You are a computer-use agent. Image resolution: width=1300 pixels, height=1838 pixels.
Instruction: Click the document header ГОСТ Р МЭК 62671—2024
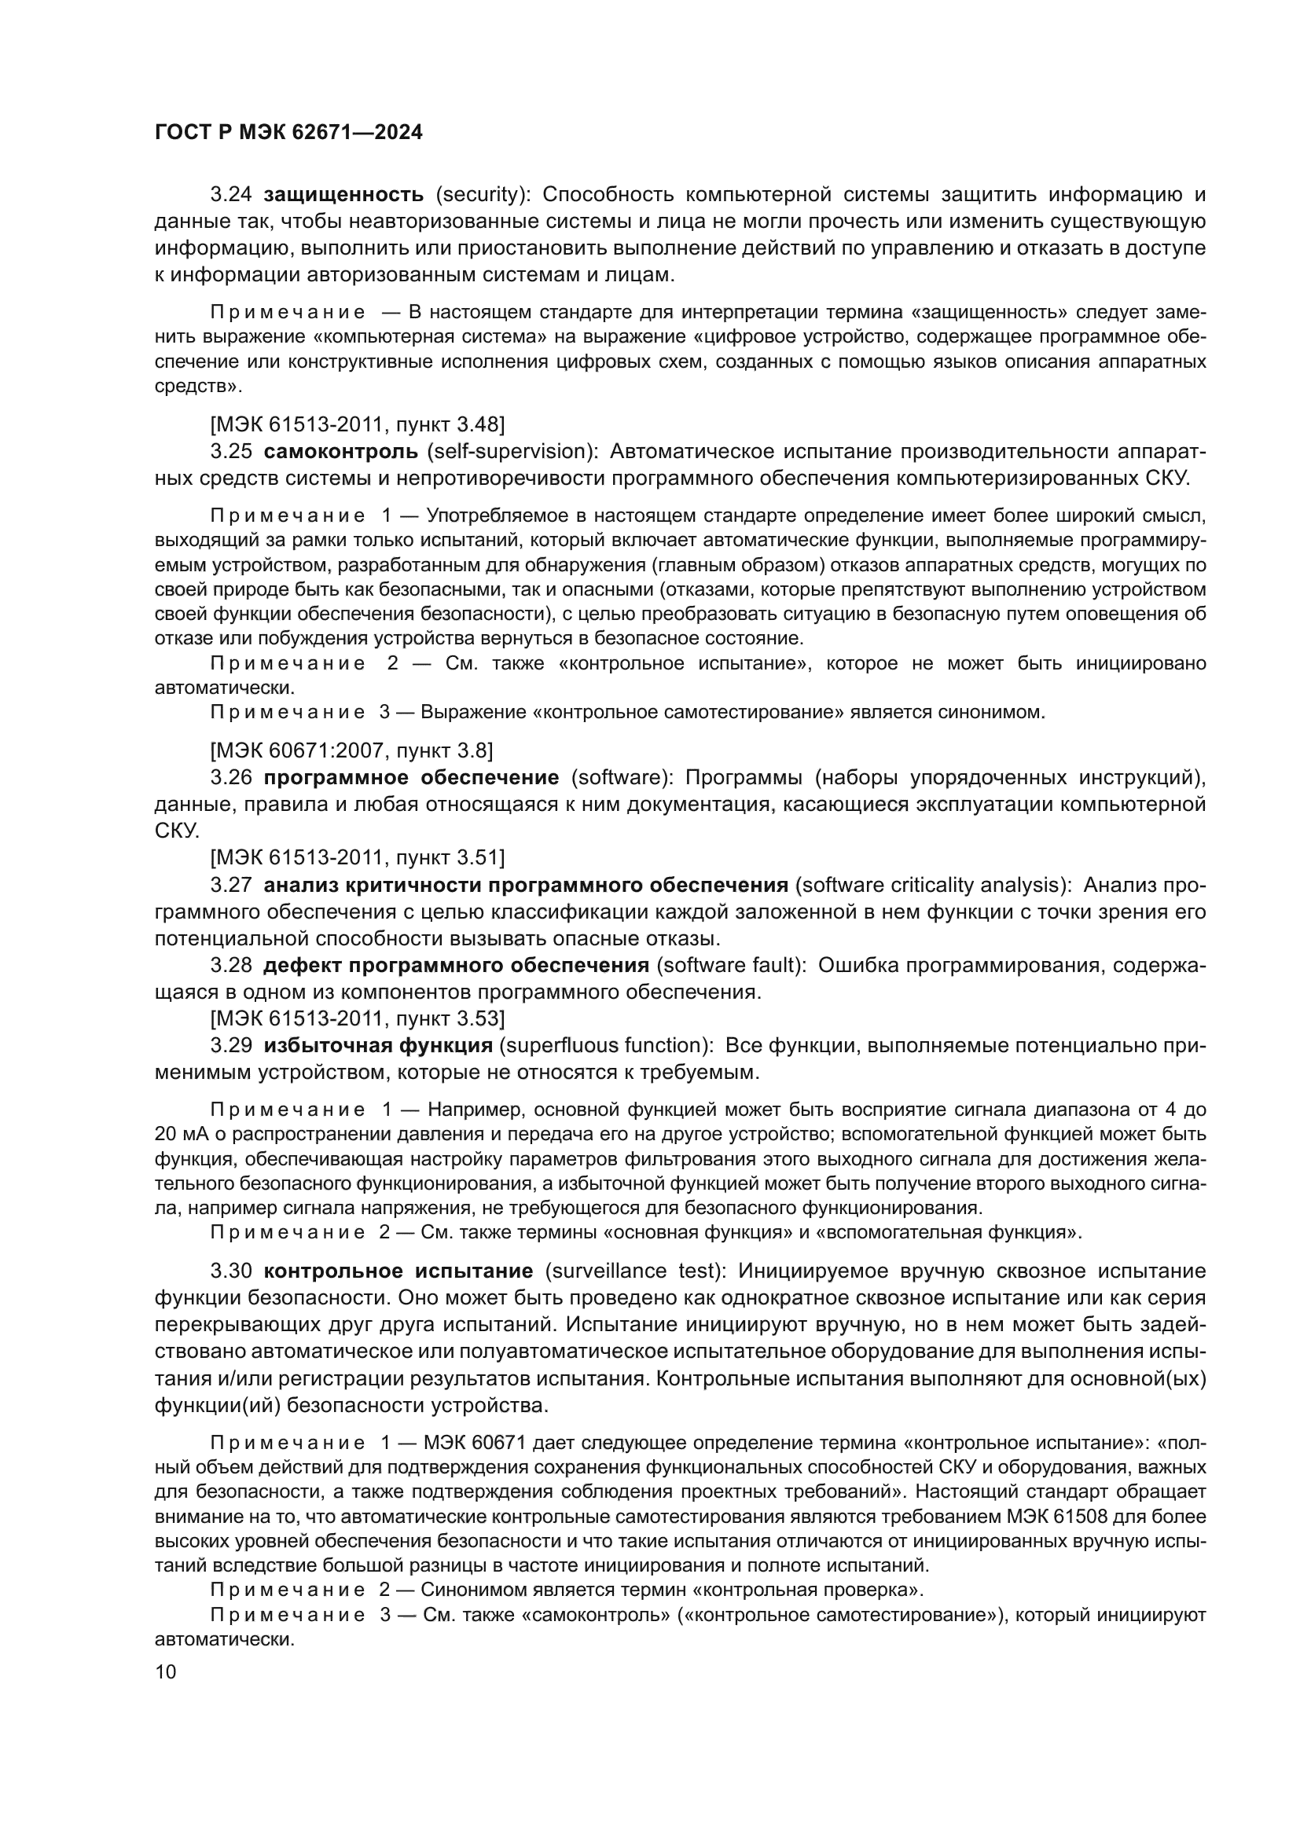[288, 133]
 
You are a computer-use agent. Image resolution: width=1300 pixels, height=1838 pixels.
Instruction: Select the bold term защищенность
[343, 194]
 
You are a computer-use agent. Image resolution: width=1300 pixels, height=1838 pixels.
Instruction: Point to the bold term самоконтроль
[341, 452]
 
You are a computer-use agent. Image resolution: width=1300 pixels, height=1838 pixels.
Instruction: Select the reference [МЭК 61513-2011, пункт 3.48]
[357, 424]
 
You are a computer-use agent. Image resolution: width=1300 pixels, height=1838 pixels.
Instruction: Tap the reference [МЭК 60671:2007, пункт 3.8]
[351, 750]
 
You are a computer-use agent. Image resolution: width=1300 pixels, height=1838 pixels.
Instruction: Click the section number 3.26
[231, 777]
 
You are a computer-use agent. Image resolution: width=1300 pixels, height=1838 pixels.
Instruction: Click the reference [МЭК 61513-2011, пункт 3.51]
[357, 857]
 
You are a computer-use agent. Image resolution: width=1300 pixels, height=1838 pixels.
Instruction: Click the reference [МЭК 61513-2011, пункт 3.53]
[357, 1018]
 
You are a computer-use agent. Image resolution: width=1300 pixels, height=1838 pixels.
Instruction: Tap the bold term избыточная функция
[378, 1045]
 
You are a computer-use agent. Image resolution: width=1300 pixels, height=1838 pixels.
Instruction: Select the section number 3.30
[231, 1271]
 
